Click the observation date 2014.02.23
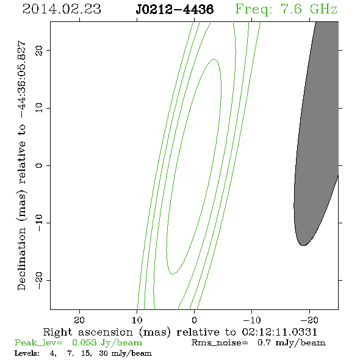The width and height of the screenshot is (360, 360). pyautogui.click(x=62, y=9)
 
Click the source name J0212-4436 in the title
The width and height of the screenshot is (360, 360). pyautogui.click(x=175, y=10)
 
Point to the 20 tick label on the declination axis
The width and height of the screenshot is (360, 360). pyautogui.click(x=39, y=50)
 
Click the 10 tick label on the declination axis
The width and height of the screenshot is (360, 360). pyautogui.click(x=39, y=107)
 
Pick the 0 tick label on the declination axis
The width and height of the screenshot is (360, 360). pyautogui.click(x=39, y=165)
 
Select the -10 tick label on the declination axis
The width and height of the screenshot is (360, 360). pyautogui.click(x=39, y=223)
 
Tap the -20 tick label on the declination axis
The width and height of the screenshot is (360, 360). pyautogui.click(x=39, y=280)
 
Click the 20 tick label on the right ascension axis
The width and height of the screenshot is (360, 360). pyautogui.click(x=79, y=320)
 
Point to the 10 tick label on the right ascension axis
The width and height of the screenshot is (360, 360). pyautogui.click(x=137, y=320)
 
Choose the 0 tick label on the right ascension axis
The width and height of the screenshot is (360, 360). pyautogui.click(x=195, y=320)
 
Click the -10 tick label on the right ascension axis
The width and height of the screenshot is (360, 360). pyautogui.click(x=252, y=320)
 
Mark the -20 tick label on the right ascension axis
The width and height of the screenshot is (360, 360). pyautogui.click(x=309, y=320)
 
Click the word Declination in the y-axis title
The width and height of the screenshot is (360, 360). pyautogui.click(x=21, y=259)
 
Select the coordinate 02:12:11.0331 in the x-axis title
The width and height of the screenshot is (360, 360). pyautogui.click(x=279, y=332)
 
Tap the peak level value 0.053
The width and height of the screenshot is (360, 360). pyautogui.click(x=84, y=342)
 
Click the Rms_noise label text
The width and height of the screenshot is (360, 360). pyautogui.click(x=220, y=343)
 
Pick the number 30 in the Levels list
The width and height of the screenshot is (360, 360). pyautogui.click(x=103, y=353)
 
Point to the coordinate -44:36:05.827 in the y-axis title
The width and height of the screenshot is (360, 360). pyautogui.click(x=22, y=80)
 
